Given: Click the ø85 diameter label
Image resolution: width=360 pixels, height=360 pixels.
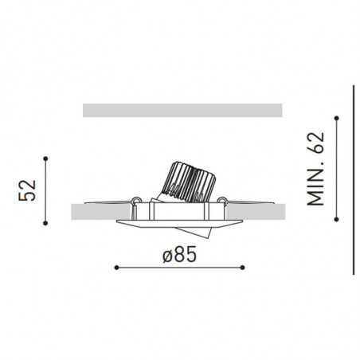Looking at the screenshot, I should [178, 255].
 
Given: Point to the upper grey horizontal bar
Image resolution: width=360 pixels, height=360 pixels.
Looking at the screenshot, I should [182, 109].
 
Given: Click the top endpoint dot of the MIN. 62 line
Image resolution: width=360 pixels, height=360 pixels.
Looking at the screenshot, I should [339, 119].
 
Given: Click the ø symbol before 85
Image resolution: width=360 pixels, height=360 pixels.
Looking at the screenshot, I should [165, 255].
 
